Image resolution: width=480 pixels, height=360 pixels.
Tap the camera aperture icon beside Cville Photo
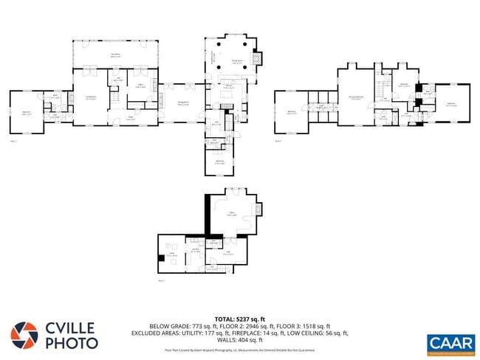pyautogui.click(x=24, y=335)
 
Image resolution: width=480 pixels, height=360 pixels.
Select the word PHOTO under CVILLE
pyautogui.click(x=72, y=343)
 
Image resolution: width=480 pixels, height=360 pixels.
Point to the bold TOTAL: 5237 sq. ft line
pyautogui.click(x=240, y=319)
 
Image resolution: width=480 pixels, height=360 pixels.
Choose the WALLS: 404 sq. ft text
pyautogui.click(x=240, y=339)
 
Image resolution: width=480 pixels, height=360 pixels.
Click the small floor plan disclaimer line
pyautogui.click(x=240, y=350)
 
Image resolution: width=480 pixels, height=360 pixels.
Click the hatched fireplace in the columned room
pyautogui.click(x=256, y=59)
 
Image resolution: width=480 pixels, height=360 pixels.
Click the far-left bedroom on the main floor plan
pyautogui.click(x=26, y=113)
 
